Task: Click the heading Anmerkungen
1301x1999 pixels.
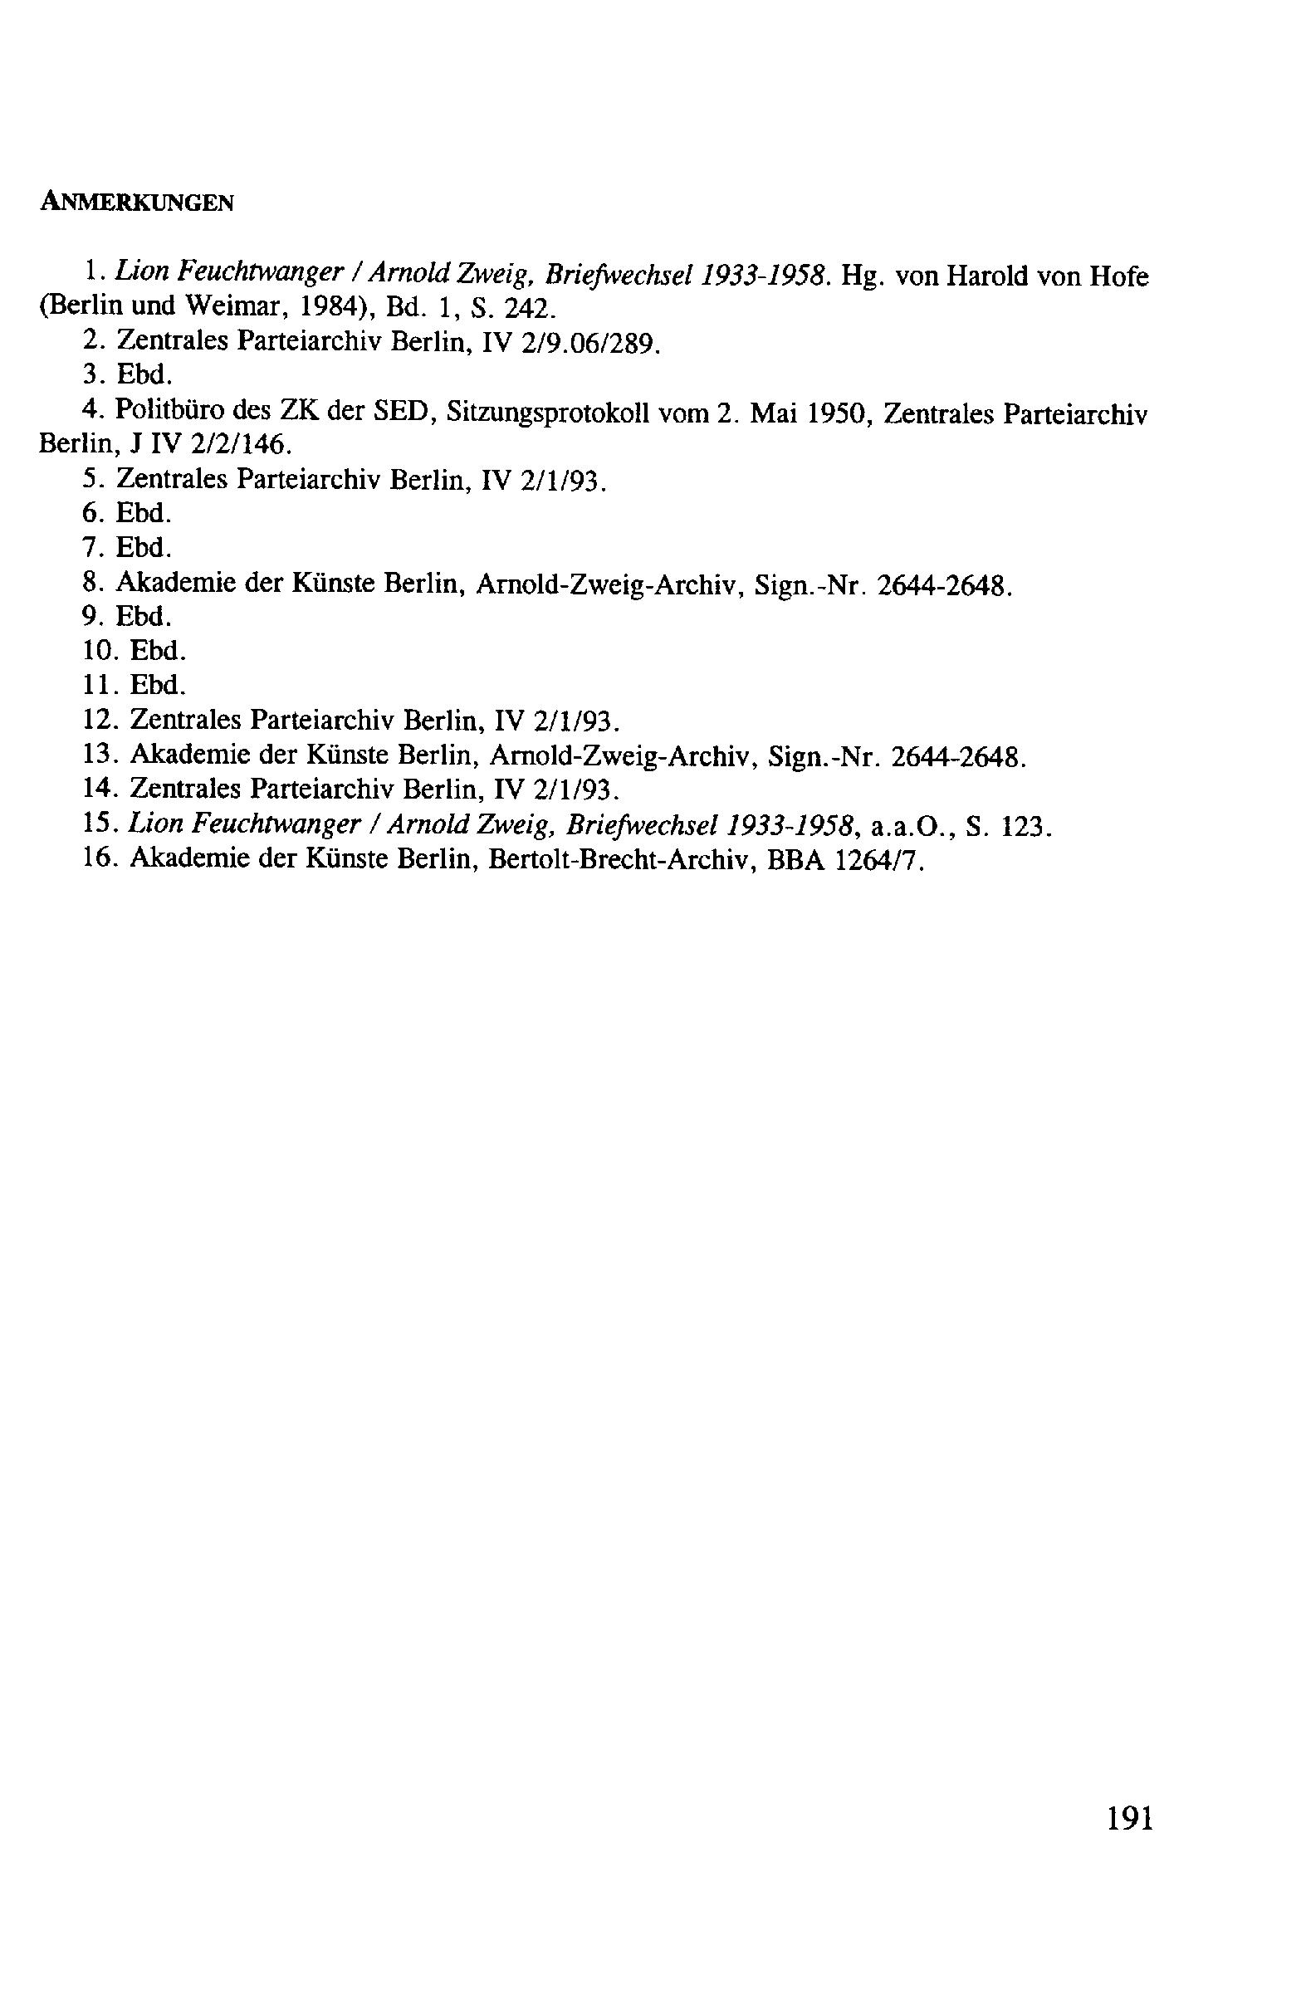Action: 136,203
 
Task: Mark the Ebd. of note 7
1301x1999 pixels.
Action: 144,548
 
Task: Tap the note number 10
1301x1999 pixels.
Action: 100,651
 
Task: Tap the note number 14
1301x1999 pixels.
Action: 100,789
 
